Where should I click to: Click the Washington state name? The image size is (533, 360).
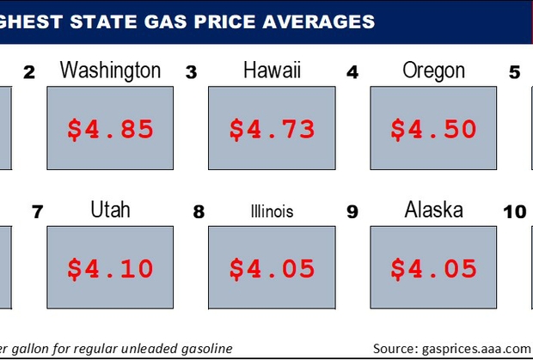(110, 70)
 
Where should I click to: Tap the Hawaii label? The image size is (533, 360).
(272, 70)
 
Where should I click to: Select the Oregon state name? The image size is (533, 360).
(434, 71)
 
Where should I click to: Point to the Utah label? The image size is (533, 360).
(110, 210)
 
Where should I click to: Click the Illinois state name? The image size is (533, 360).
(272, 211)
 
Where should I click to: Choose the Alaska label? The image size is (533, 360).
(434, 210)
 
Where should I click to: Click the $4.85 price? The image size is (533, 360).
(110, 130)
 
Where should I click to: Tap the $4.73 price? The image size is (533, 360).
(272, 130)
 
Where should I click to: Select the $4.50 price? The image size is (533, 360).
(433, 129)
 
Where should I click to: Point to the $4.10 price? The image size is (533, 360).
(110, 269)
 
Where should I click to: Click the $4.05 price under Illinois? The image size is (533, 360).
(272, 269)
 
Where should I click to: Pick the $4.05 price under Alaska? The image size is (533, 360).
(433, 269)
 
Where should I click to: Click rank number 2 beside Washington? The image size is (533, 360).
(29, 72)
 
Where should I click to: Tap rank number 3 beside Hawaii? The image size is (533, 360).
(191, 72)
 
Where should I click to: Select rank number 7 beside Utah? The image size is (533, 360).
(37, 212)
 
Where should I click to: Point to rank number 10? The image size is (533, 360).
(515, 212)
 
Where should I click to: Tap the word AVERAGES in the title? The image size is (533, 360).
(318, 21)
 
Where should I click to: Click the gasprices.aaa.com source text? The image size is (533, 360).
(476, 349)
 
